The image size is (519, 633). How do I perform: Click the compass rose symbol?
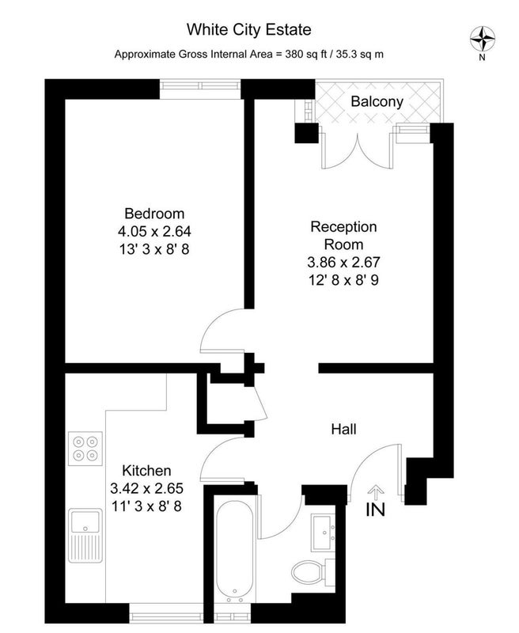tap(483, 39)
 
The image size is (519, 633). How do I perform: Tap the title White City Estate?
tap(249, 30)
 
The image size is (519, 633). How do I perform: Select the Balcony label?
tap(377, 101)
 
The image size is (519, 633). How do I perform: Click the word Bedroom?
tap(154, 213)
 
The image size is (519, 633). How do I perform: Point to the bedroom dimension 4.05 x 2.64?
tap(154, 231)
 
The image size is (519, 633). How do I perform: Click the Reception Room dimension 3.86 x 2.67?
tap(343, 262)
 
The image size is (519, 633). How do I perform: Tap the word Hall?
tap(343, 429)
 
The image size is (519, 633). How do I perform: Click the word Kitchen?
tap(146, 470)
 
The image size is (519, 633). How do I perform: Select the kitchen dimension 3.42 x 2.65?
tap(146, 488)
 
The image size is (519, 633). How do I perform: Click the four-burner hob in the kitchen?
tap(85, 449)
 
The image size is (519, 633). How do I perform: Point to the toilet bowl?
tap(306, 572)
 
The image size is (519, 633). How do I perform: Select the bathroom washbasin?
tap(323, 533)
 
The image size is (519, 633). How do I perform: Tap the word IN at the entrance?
tap(375, 510)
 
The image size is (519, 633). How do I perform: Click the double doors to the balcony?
tap(357, 151)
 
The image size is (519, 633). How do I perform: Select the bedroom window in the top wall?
tap(200, 85)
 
